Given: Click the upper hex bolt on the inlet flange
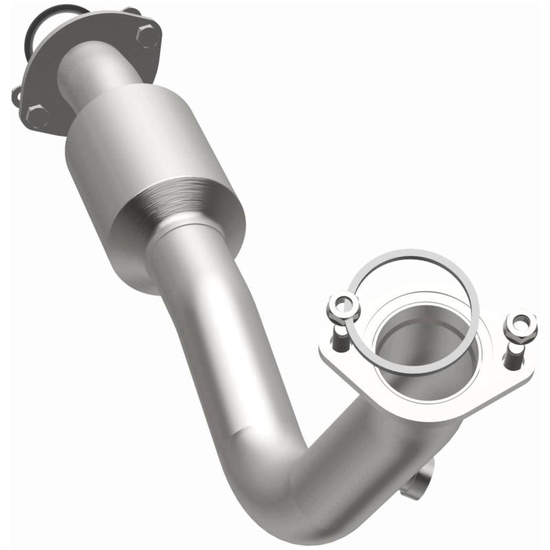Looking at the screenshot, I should (x=147, y=34).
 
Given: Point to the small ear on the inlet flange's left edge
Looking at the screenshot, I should (x=16, y=96).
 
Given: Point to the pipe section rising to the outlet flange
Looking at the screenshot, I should (x=385, y=447).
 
